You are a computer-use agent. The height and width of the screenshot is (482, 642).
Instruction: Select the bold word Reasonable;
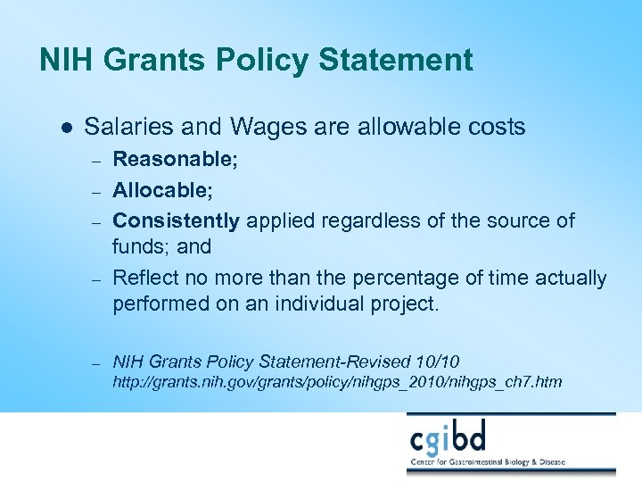175,162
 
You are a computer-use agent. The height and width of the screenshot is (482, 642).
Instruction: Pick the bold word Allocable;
162,190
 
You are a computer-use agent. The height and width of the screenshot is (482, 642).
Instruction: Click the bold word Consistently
176,220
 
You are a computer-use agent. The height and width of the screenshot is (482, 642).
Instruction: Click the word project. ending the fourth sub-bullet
407,303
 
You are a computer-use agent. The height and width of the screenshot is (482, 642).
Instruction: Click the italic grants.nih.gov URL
336,382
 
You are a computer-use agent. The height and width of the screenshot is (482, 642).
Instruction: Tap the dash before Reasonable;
98,162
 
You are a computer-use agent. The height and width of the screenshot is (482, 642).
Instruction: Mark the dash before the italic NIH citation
98,362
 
